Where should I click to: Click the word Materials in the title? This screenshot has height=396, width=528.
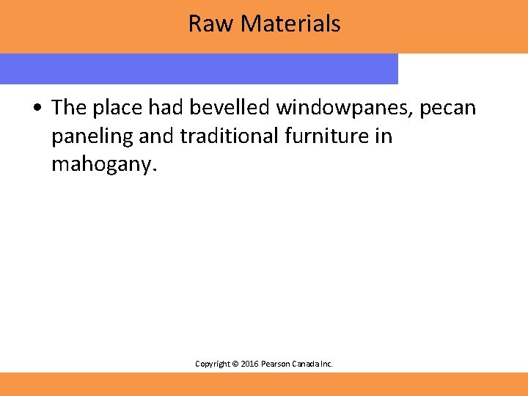point(290,23)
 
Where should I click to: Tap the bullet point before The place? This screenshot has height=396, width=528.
point(36,109)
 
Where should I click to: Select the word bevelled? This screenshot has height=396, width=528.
point(229,108)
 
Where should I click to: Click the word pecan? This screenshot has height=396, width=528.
point(447,108)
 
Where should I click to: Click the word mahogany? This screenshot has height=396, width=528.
point(103,166)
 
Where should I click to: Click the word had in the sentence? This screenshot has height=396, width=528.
point(166,108)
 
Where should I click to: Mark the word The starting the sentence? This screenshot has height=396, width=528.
point(69,108)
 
